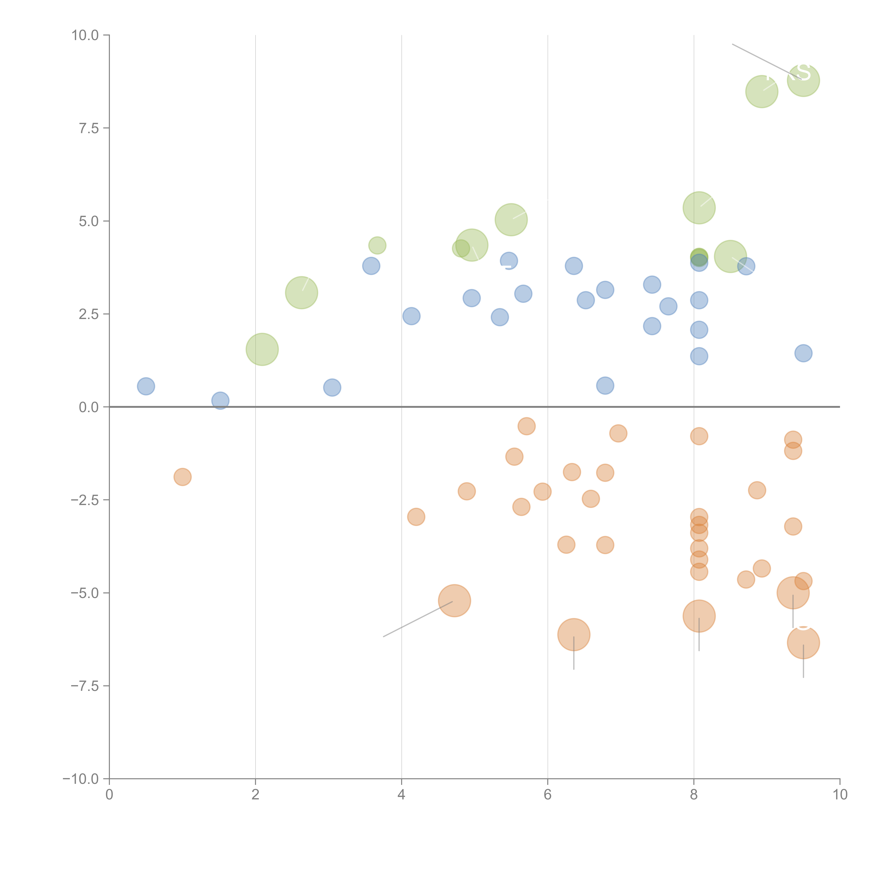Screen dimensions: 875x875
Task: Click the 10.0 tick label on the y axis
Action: tap(85, 35)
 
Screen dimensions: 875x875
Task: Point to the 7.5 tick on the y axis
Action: tap(89, 128)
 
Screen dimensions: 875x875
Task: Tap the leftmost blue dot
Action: tap(146, 386)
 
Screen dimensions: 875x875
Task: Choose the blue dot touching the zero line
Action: tap(220, 400)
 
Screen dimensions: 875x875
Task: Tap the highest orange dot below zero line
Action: tap(526, 426)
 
